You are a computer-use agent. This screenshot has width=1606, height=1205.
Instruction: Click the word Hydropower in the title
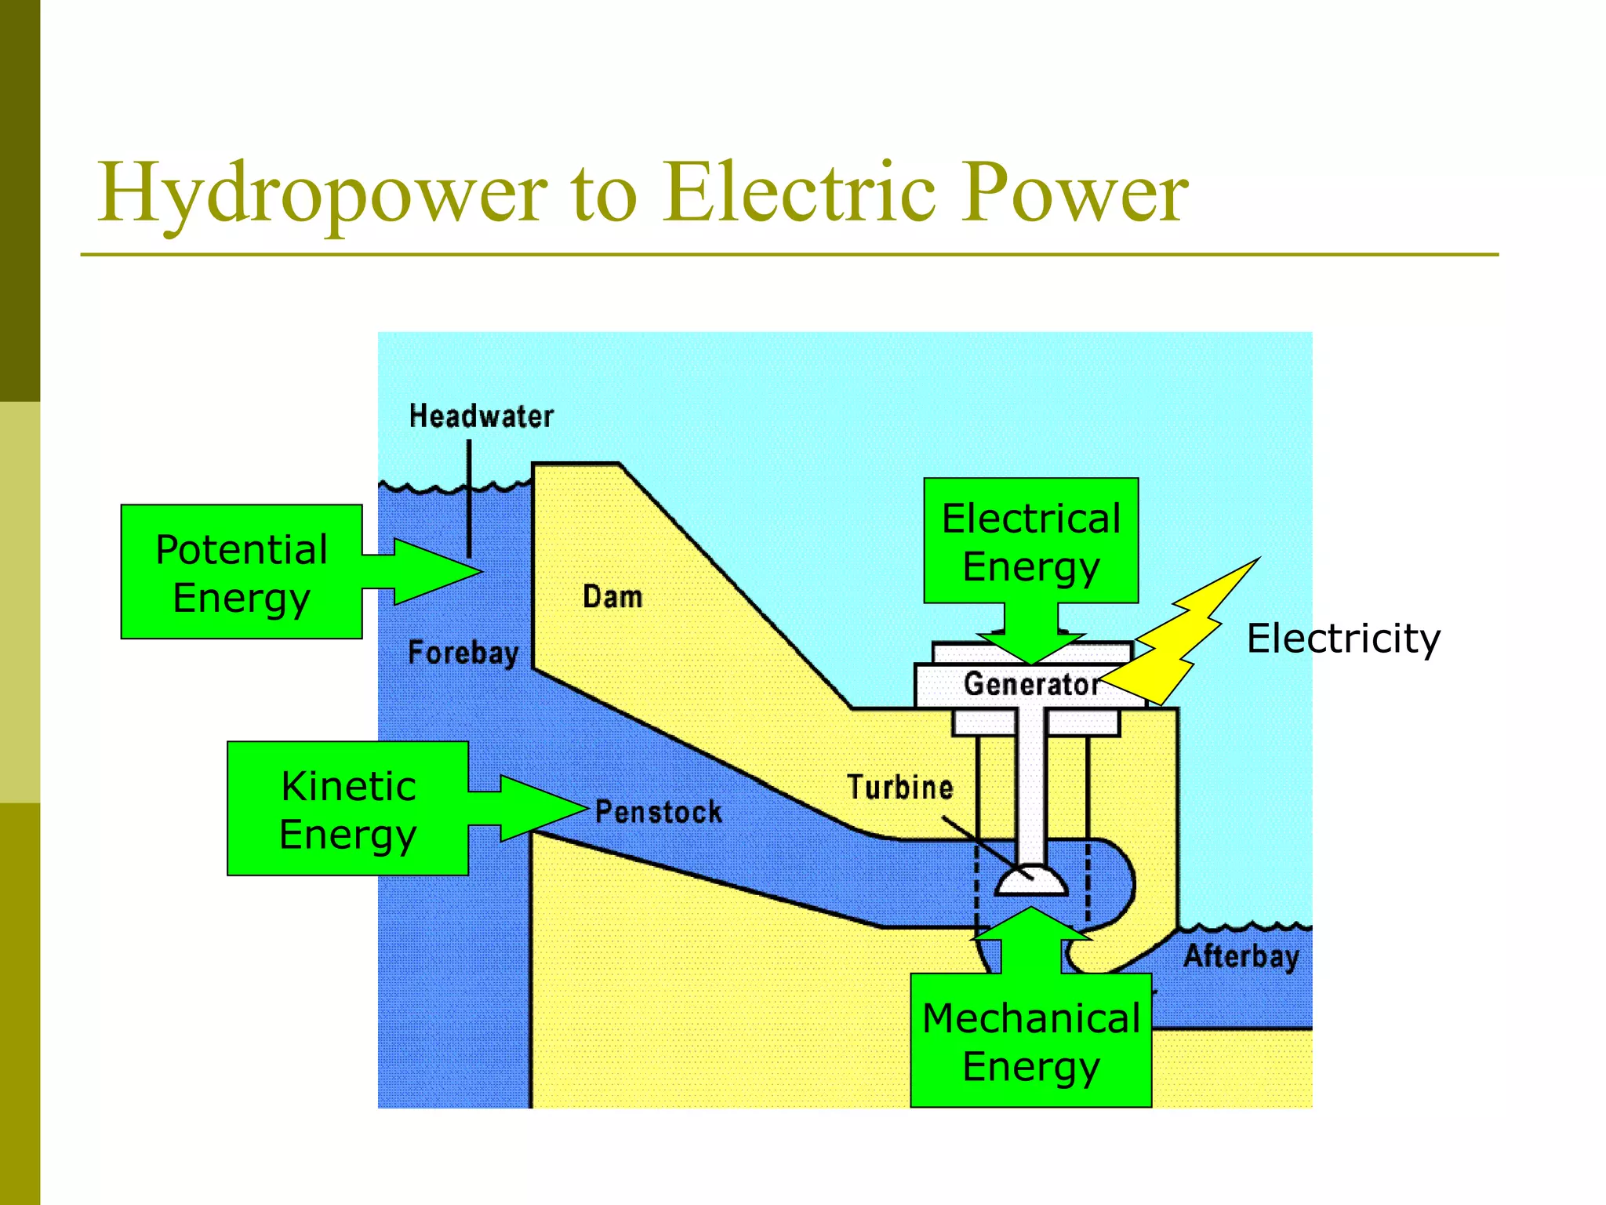pos(322,193)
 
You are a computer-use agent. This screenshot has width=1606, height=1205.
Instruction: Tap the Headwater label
pos(481,417)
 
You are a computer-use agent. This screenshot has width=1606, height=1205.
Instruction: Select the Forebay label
pos(463,653)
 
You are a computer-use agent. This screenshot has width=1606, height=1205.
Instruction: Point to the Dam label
pos(612,597)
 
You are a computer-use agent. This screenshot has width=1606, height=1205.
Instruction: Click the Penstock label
pos(659,812)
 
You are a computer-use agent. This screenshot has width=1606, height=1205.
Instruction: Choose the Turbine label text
pos(899,788)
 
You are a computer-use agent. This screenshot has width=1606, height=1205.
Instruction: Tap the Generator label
pos(1030,684)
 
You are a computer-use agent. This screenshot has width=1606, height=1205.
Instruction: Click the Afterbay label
pos(1241,956)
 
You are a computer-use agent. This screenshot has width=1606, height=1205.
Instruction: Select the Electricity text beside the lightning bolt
pos(1343,638)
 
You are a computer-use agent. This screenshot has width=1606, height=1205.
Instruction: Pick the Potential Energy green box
pos(242,572)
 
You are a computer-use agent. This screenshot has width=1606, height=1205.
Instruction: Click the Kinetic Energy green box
pos(347,809)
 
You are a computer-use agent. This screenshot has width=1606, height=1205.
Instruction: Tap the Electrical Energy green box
pos(1030,541)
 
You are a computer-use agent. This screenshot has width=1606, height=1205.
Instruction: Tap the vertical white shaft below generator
pos(1031,785)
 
